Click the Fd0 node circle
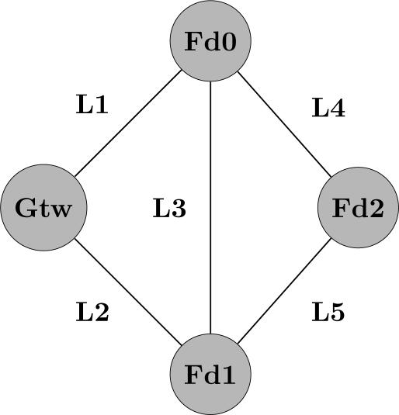pos(210,41)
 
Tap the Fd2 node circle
pos(358,208)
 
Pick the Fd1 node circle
pos(210,375)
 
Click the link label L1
pos(92,105)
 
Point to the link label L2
pos(92,312)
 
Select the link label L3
pos(168,209)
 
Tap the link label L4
pos(328,109)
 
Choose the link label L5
pos(328,312)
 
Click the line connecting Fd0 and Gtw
pos(128,124)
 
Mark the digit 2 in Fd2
pos(375,209)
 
